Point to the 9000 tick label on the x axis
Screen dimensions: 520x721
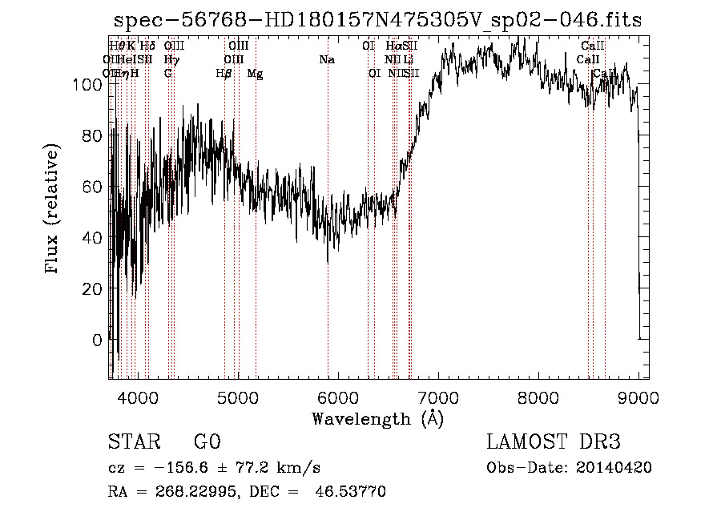point(638,397)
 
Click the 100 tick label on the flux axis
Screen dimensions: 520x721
point(89,83)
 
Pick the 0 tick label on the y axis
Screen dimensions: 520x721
point(98,340)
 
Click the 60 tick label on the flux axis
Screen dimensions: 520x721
point(93,186)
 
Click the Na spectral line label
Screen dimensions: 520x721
point(327,59)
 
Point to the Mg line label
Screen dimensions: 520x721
point(255,74)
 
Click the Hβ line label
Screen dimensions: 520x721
point(224,74)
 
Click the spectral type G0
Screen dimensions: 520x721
point(207,442)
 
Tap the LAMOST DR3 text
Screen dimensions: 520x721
point(554,442)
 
